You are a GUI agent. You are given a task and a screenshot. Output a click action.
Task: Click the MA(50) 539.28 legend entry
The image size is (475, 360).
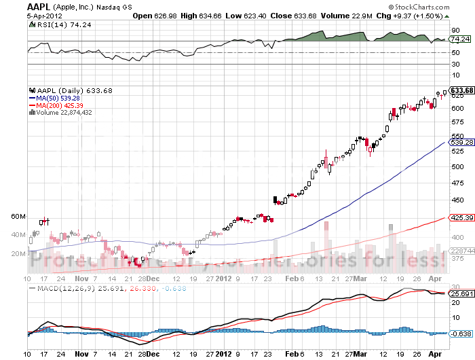[x=56, y=98]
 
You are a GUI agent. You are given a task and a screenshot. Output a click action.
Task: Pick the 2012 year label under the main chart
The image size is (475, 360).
[x=224, y=278]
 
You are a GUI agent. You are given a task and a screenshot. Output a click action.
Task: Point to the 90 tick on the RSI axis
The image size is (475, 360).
[x=454, y=30]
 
